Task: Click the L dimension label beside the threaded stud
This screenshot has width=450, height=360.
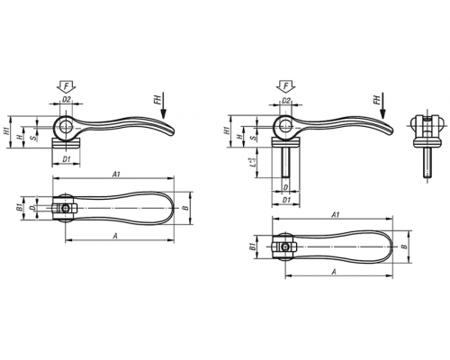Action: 254,162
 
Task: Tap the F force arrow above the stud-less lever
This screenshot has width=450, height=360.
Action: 67,86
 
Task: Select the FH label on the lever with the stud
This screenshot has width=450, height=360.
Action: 376,99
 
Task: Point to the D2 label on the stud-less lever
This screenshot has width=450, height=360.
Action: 67,99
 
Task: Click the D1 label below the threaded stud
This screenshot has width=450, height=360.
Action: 286,200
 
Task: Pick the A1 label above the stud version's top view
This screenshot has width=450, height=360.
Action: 336,215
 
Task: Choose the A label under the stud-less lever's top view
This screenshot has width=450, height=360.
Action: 114,237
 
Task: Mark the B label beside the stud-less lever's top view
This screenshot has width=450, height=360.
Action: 186,208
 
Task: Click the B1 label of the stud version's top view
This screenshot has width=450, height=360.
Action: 253,247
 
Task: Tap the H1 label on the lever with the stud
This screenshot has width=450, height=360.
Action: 227,130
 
